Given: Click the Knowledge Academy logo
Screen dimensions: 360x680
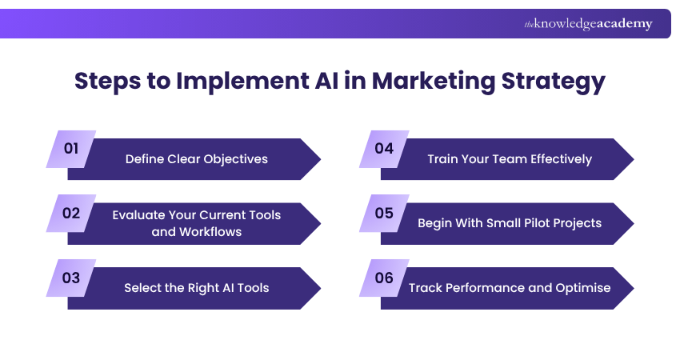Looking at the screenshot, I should [588, 24].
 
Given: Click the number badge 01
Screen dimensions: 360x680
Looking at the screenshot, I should [71, 149].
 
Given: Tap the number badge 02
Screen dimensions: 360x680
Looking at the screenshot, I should [71, 213].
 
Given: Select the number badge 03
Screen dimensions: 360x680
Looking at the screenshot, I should [71, 278].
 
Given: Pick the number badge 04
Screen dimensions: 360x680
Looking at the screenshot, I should [384, 149].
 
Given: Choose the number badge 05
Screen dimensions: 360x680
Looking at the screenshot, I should [384, 213].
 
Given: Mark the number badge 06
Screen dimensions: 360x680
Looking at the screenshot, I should [384, 278].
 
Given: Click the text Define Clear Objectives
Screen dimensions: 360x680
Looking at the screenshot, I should [196, 158].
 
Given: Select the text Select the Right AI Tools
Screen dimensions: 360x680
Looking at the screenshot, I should [196, 288].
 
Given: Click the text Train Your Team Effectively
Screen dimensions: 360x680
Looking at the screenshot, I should [510, 158].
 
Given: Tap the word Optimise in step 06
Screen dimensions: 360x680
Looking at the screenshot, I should [584, 288].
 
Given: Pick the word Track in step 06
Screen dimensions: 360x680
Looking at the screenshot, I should [426, 288].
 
